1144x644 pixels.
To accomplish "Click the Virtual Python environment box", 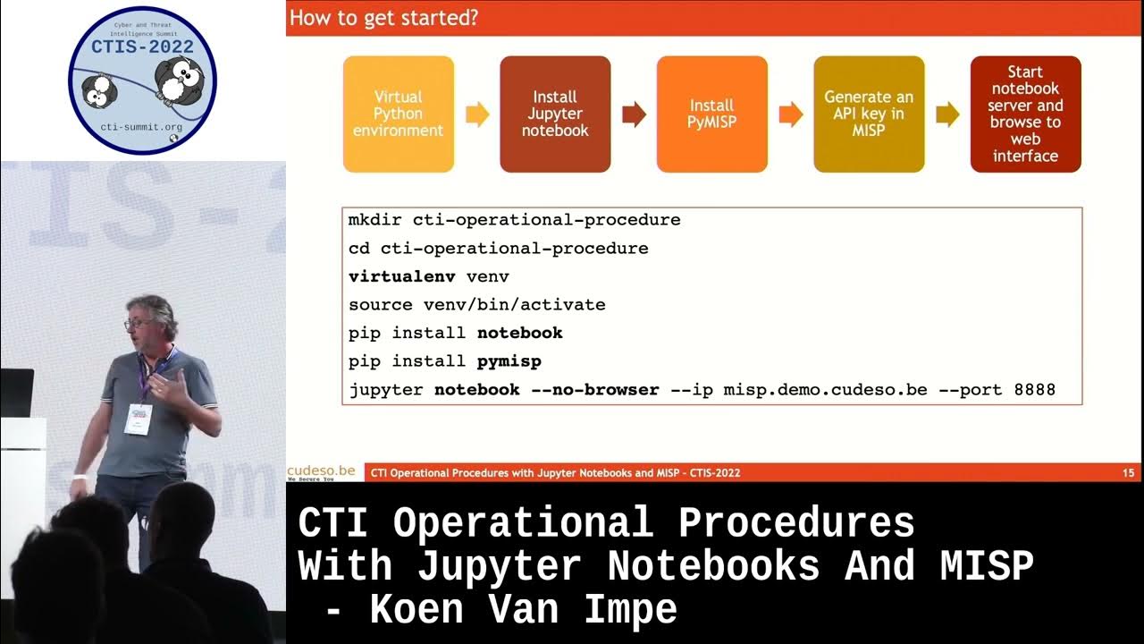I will [398, 114].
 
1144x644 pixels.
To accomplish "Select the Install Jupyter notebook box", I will [555, 114].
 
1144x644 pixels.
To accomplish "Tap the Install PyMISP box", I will [711, 114].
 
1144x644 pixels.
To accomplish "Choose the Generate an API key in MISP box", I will [869, 114].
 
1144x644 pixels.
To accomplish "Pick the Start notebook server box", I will [1025, 114].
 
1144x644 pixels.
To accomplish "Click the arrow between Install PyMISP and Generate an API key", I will [791, 114].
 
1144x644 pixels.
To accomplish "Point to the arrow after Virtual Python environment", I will [477, 114].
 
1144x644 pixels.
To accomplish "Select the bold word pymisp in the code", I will [509, 361].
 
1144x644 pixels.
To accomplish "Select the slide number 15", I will [1128, 472].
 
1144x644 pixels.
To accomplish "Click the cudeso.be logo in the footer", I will [321, 471].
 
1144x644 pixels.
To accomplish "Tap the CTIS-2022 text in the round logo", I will [143, 47].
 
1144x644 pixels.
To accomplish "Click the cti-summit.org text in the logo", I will [143, 128].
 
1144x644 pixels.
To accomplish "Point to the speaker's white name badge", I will [138, 418].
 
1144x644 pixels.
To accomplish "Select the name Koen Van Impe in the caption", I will [523, 610].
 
